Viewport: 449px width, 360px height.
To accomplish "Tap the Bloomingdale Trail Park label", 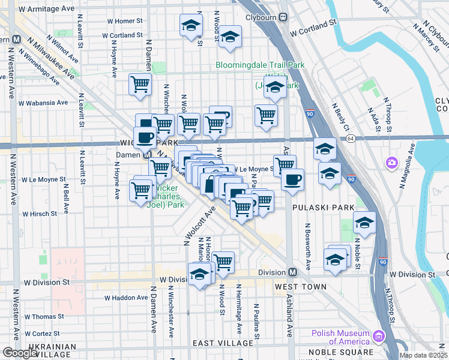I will point(261,65).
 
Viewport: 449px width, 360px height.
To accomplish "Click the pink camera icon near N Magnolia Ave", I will point(392,163).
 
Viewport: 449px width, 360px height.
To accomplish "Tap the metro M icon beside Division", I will point(292,272).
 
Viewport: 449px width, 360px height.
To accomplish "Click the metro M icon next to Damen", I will point(147,155).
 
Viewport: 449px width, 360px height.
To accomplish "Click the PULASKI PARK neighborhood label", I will point(316,208).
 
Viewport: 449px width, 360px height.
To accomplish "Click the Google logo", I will point(20,353).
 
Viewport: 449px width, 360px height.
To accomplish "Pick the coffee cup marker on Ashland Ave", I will point(292,179).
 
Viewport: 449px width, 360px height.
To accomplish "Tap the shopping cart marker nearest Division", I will point(223,262).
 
